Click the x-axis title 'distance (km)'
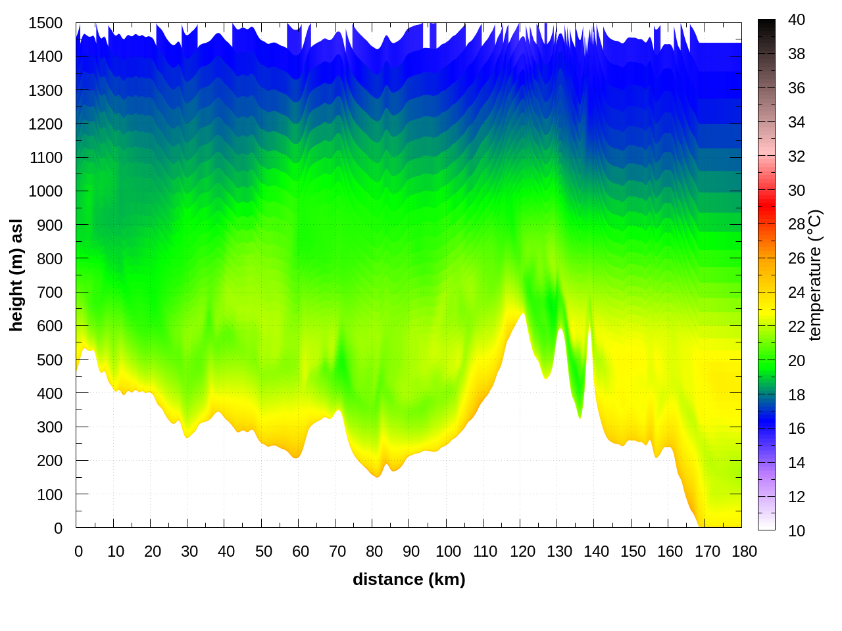(x=409, y=579)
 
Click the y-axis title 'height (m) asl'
(x=16, y=275)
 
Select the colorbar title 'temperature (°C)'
(x=814, y=275)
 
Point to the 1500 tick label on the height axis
(x=45, y=23)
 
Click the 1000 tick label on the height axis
(x=45, y=191)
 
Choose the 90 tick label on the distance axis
(x=411, y=551)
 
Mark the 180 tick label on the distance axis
(x=744, y=551)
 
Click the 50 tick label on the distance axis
(x=264, y=551)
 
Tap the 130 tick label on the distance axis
(x=559, y=551)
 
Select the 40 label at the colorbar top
(x=797, y=20)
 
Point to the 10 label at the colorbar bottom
(x=797, y=530)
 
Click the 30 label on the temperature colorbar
(x=797, y=191)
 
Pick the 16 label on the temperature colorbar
(x=797, y=429)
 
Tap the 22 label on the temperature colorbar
(x=797, y=327)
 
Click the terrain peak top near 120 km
(x=523, y=315)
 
